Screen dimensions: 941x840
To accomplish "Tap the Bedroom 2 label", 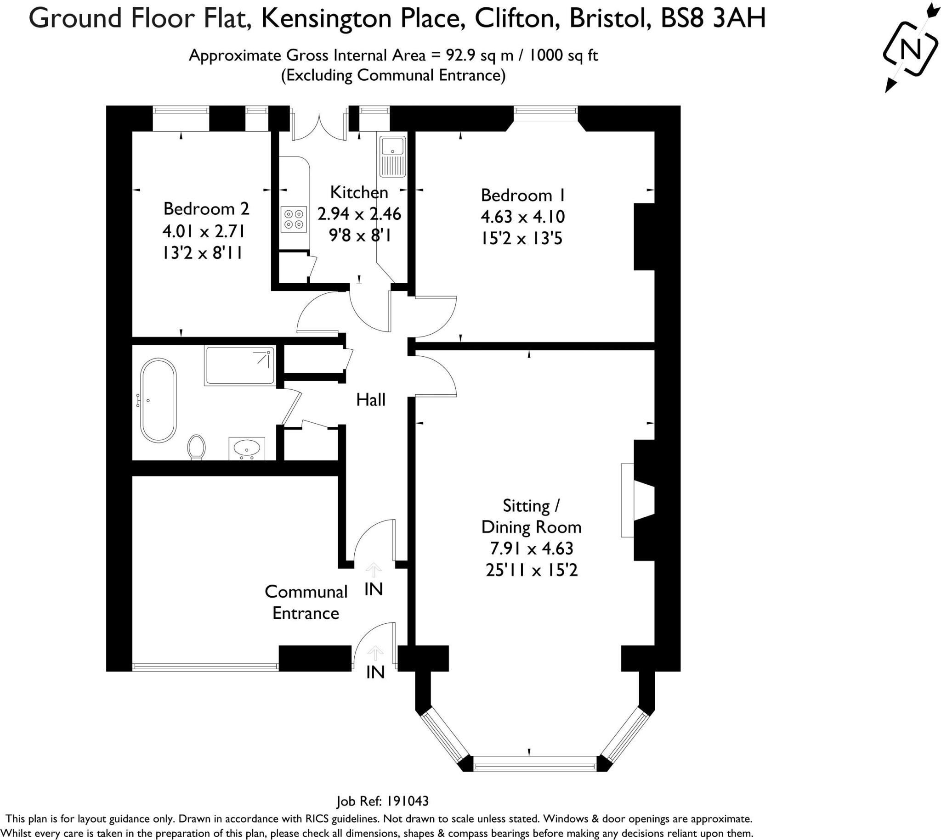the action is coord(206,208).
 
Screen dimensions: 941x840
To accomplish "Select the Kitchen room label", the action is coord(359,192).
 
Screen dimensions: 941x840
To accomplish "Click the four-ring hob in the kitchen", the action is coord(294,219).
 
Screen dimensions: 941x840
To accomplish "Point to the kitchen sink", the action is coord(392,157).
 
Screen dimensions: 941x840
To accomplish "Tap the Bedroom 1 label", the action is coord(523,195).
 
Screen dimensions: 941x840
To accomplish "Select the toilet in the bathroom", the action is coord(197,447).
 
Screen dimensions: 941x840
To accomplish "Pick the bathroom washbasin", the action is coord(247,448).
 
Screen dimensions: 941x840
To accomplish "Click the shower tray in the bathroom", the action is coord(240,366).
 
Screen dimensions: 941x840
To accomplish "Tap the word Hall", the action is coord(370,400).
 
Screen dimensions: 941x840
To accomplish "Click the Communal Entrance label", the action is coord(306,602).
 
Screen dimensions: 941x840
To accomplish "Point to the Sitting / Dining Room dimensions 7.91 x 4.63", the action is coord(532,549).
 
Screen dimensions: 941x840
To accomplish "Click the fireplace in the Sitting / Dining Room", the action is coord(638,500).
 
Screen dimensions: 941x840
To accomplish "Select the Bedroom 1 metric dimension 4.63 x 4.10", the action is coord(523,217).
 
